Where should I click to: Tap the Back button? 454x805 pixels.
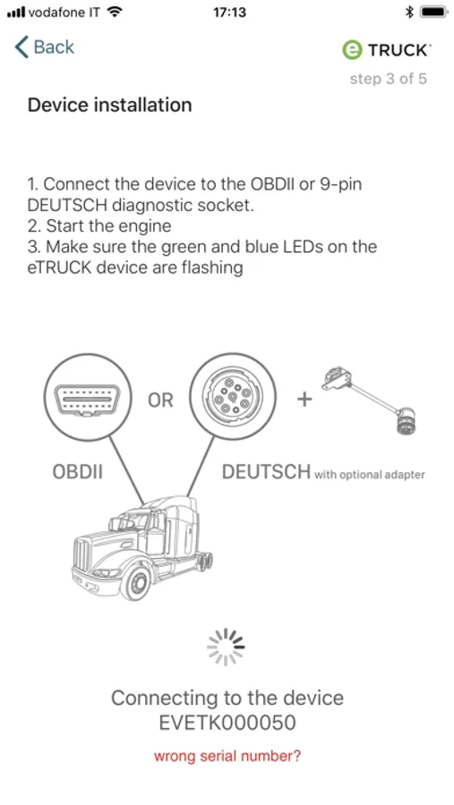(x=45, y=47)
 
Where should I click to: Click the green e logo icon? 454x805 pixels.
(x=352, y=50)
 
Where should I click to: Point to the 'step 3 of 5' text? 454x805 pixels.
(x=389, y=79)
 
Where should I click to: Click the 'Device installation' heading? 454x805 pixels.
(x=109, y=105)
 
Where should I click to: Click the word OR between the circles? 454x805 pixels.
(x=160, y=401)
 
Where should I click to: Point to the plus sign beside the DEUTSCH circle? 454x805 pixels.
(x=304, y=400)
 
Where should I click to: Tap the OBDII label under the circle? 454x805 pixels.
(x=78, y=471)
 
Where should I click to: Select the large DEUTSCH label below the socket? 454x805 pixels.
(x=266, y=471)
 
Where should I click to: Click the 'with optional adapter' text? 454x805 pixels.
(x=370, y=475)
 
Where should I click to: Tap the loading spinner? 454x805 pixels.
(x=227, y=647)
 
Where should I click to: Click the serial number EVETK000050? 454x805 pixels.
(x=227, y=723)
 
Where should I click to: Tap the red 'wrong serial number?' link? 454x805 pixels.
(x=227, y=756)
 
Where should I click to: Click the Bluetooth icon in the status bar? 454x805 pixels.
(x=409, y=13)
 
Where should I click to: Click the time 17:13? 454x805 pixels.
(x=229, y=13)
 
